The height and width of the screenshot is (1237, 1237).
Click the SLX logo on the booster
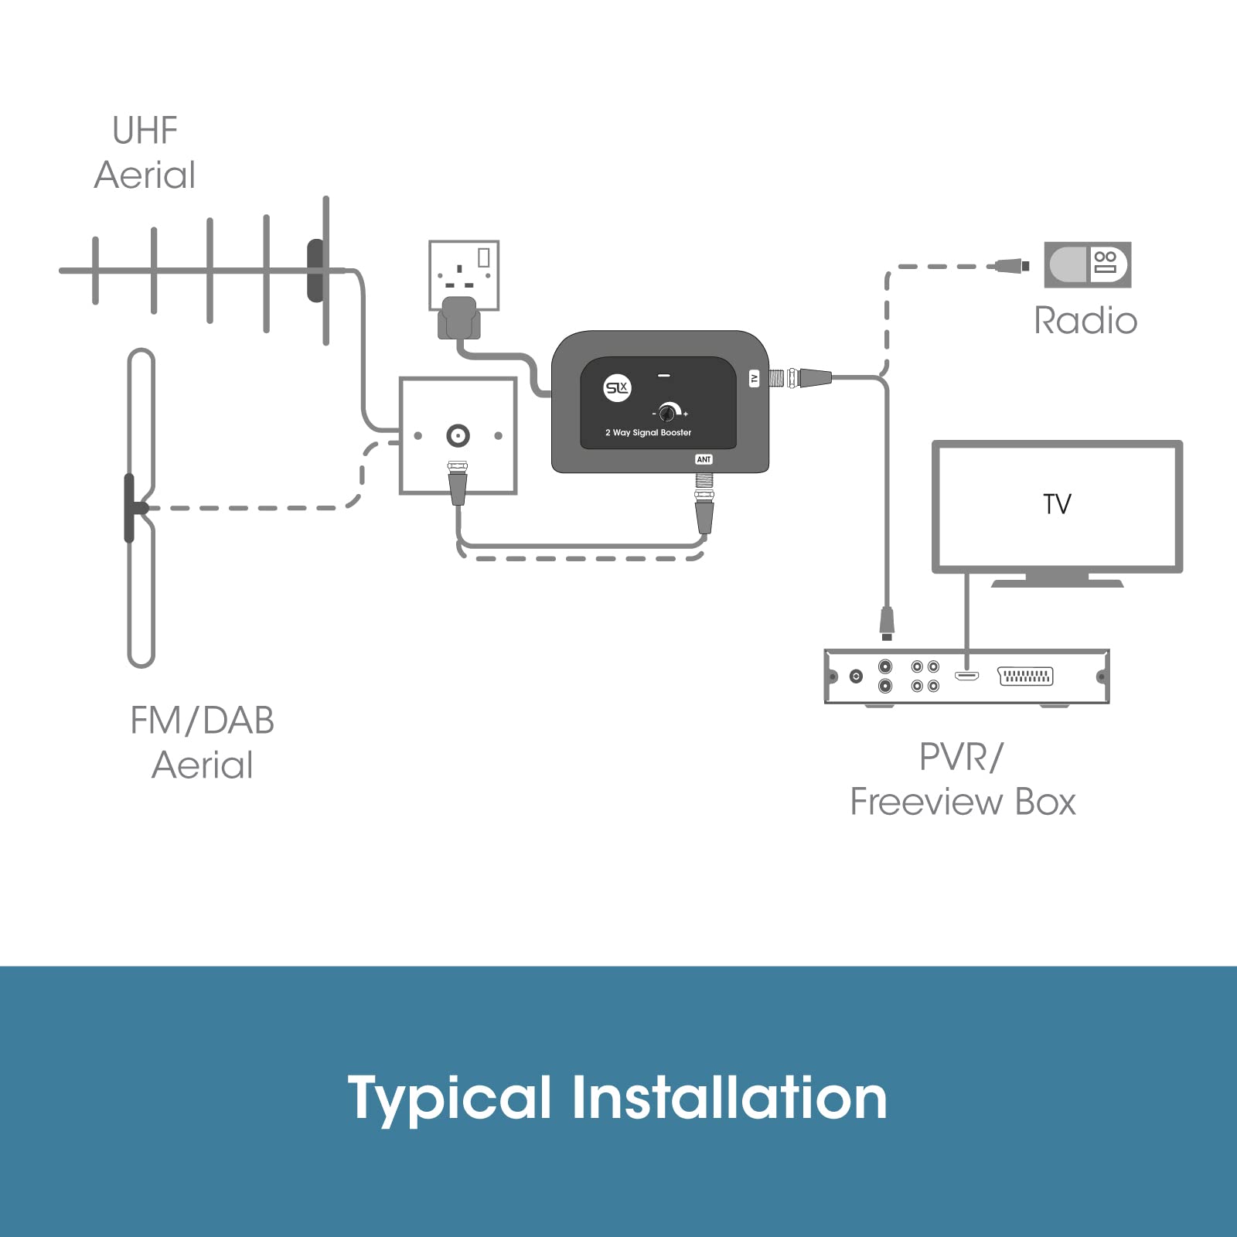click(x=617, y=387)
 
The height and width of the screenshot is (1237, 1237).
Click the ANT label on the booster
click(x=704, y=459)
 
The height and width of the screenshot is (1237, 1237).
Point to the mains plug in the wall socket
click(x=459, y=318)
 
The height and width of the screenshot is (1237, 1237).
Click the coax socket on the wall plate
click(x=458, y=436)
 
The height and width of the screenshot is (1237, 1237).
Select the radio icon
click(x=1088, y=264)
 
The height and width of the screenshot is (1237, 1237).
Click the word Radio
click(x=1085, y=320)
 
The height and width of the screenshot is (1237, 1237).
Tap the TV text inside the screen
click(x=1057, y=504)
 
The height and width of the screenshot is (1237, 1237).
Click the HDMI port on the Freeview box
click(x=966, y=676)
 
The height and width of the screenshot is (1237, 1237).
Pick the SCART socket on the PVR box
click(x=1026, y=676)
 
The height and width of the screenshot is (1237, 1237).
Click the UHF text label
click(x=145, y=131)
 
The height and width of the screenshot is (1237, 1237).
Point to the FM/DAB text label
click(x=202, y=721)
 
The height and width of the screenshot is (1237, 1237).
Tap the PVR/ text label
click(x=961, y=757)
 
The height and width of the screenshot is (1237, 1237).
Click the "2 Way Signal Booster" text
click(x=648, y=433)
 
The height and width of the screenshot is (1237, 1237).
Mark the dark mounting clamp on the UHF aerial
click(x=315, y=271)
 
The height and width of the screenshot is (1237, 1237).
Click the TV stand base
click(x=1057, y=581)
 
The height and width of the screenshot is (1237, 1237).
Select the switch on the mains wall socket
click(x=484, y=257)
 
